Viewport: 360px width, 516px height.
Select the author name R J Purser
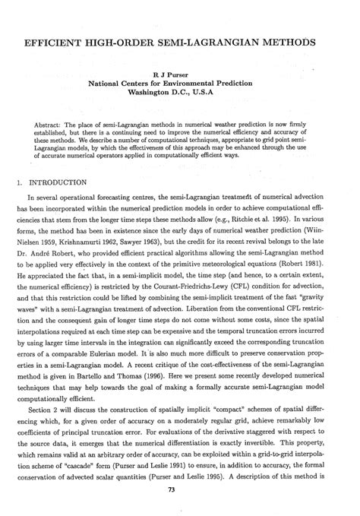click(180, 66)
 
